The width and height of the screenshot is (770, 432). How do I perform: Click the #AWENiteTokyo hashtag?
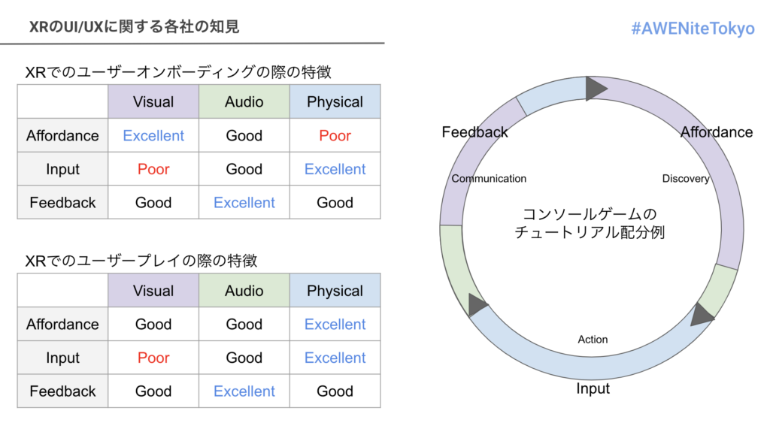[x=693, y=29]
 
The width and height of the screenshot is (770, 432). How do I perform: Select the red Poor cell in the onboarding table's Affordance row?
[x=335, y=136]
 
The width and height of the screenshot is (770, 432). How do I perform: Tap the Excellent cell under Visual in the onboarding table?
[x=153, y=136]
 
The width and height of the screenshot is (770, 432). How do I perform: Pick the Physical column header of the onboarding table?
[x=335, y=102]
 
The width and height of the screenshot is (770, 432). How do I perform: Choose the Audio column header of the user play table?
[x=244, y=291]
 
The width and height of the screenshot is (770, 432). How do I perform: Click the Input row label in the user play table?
[x=62, y=358]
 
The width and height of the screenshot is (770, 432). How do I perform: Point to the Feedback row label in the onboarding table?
[x=62, y=203]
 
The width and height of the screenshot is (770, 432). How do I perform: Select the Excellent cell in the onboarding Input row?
[x=335, y=169]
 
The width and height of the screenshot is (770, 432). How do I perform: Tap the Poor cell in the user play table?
[x=153, y=358]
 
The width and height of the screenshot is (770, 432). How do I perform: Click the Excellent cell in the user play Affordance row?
[x=335, y=325]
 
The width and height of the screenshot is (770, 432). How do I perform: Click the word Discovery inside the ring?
[x=686, y=179]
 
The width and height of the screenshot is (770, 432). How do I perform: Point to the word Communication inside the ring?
[x=489, y=179]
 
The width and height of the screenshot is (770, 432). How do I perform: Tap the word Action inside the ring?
[x=593, y=340]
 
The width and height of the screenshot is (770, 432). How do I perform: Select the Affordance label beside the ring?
[x=716, y=132]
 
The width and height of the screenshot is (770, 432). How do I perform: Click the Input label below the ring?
[x=593, y=388]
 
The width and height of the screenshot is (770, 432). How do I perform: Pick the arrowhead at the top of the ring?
[x=596, y=89]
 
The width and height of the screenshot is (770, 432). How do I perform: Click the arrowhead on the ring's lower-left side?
[x=477, y=305]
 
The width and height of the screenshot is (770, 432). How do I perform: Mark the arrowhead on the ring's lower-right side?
[x=702, y=313]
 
